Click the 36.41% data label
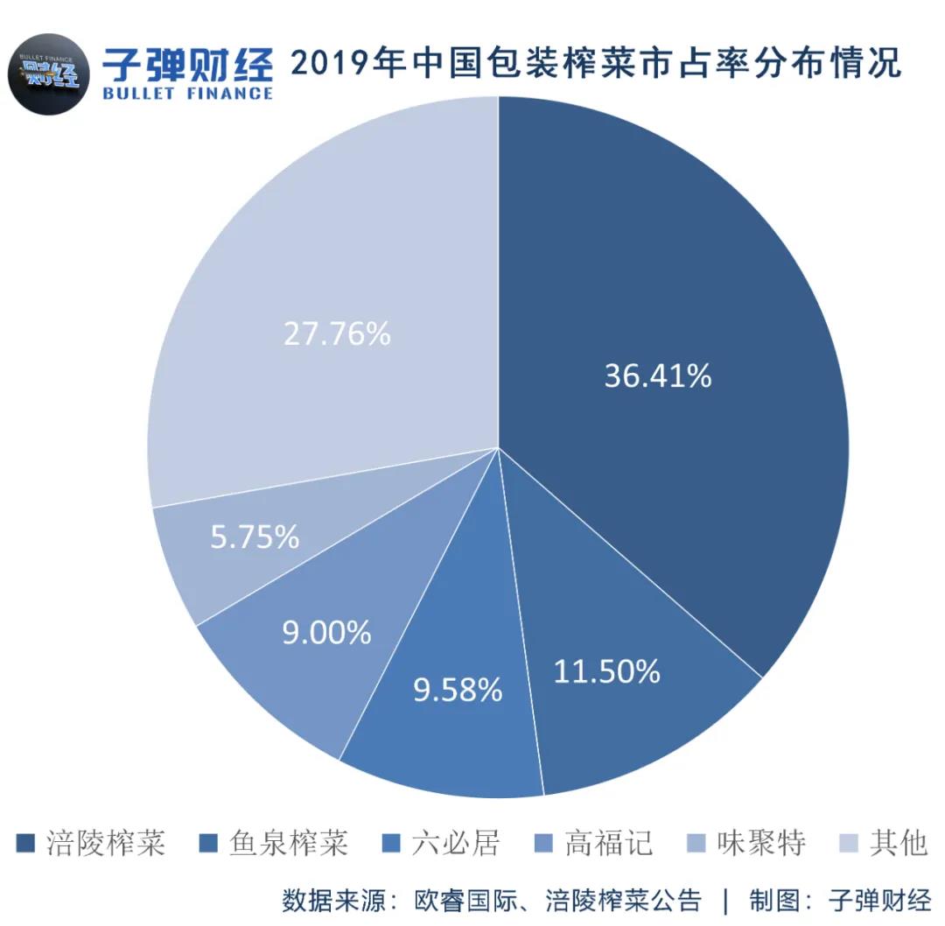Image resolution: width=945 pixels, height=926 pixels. (658, 375)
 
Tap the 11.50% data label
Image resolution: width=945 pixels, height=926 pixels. (606, 671)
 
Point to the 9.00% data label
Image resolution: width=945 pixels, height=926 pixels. (326, 632)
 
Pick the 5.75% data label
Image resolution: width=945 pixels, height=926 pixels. (255, 537)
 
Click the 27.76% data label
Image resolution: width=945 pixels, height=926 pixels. (337, 333)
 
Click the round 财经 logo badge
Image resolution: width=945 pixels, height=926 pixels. (51, 72)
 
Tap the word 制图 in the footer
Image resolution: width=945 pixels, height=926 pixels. (771, 899)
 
